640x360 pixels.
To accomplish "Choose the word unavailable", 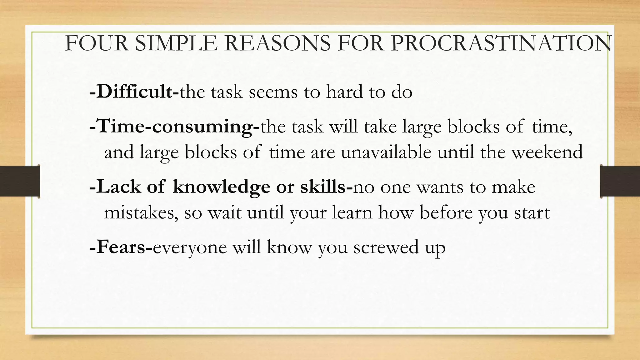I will [386, 152].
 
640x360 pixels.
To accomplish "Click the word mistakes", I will [141, 213].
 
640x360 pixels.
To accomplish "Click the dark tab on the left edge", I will [20, 182].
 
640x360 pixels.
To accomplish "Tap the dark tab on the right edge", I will [620, 182].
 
